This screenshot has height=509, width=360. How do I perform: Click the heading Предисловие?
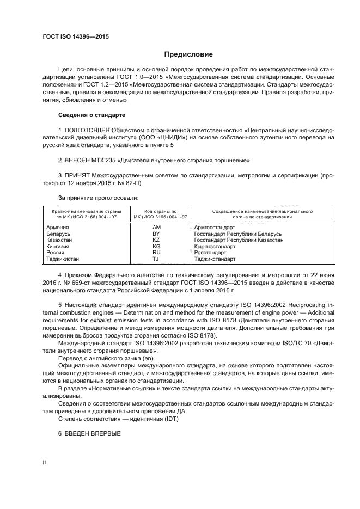pyautogui.click(x=188, y=54)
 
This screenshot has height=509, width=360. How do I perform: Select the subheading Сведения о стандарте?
pyautogui.click(x=91, y=115)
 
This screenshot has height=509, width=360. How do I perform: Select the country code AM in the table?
pyautogui.click(x=156, y=226)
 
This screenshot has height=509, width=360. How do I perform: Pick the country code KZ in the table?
pyautogui.click(x=156, y=240)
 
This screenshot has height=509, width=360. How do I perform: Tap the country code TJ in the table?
pyautogui.click(x=156, y=259)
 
